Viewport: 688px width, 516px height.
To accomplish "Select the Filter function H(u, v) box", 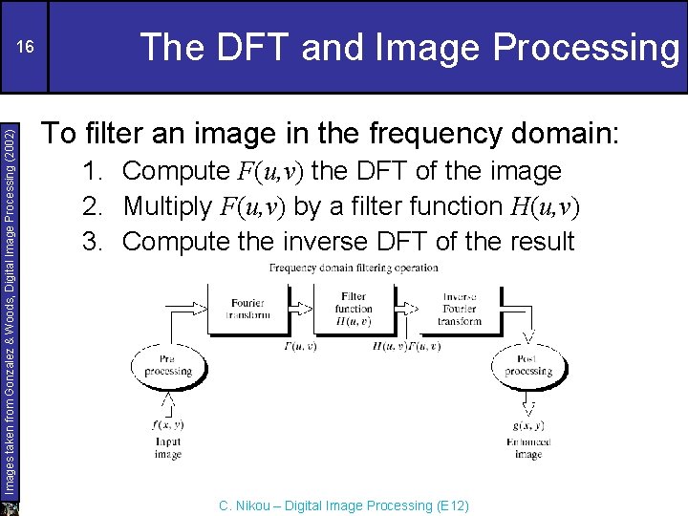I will pos(353,309).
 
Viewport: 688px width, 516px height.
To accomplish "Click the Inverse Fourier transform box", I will pos(459,309).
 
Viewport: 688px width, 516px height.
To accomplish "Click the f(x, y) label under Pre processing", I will pos(167,424).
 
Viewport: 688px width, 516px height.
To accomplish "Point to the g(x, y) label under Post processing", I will pos(527,425).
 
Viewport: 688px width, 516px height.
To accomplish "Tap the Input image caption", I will pos(167,448).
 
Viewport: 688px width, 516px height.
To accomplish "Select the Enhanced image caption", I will pos(527,448).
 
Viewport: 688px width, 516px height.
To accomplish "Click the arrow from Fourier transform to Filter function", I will pos(300,308).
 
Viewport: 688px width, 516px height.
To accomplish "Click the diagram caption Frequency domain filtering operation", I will pos(354,269).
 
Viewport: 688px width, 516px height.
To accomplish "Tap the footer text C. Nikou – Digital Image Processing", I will pos(344,505).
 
